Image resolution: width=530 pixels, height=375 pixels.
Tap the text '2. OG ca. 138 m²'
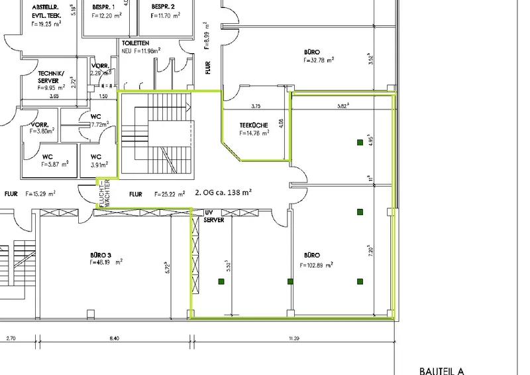tap(223, 193)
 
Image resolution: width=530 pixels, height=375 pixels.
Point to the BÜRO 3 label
tap(103, 254)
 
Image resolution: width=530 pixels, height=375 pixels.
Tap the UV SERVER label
tap(213, 216)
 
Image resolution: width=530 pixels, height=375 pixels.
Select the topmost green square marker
tap(360, 142)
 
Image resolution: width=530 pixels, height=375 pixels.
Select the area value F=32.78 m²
tap(319, 59)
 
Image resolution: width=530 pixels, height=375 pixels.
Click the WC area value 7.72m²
tap(99, 124)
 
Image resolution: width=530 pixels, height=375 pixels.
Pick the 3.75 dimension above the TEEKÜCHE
tap(256, 105)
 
